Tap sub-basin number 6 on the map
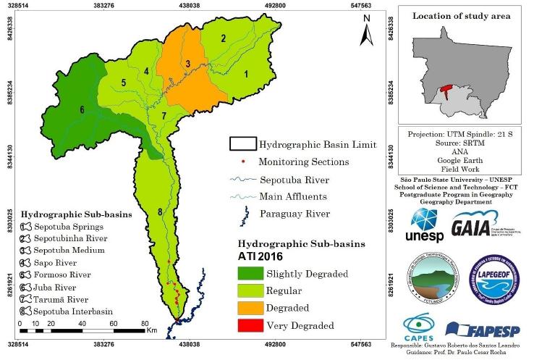pos(82,110)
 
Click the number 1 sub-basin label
pos(246,73)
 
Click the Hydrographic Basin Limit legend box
pos(242,145)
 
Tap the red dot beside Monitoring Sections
pos(244,162)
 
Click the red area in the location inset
pos(446,91)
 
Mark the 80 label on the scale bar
pos(144,324)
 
